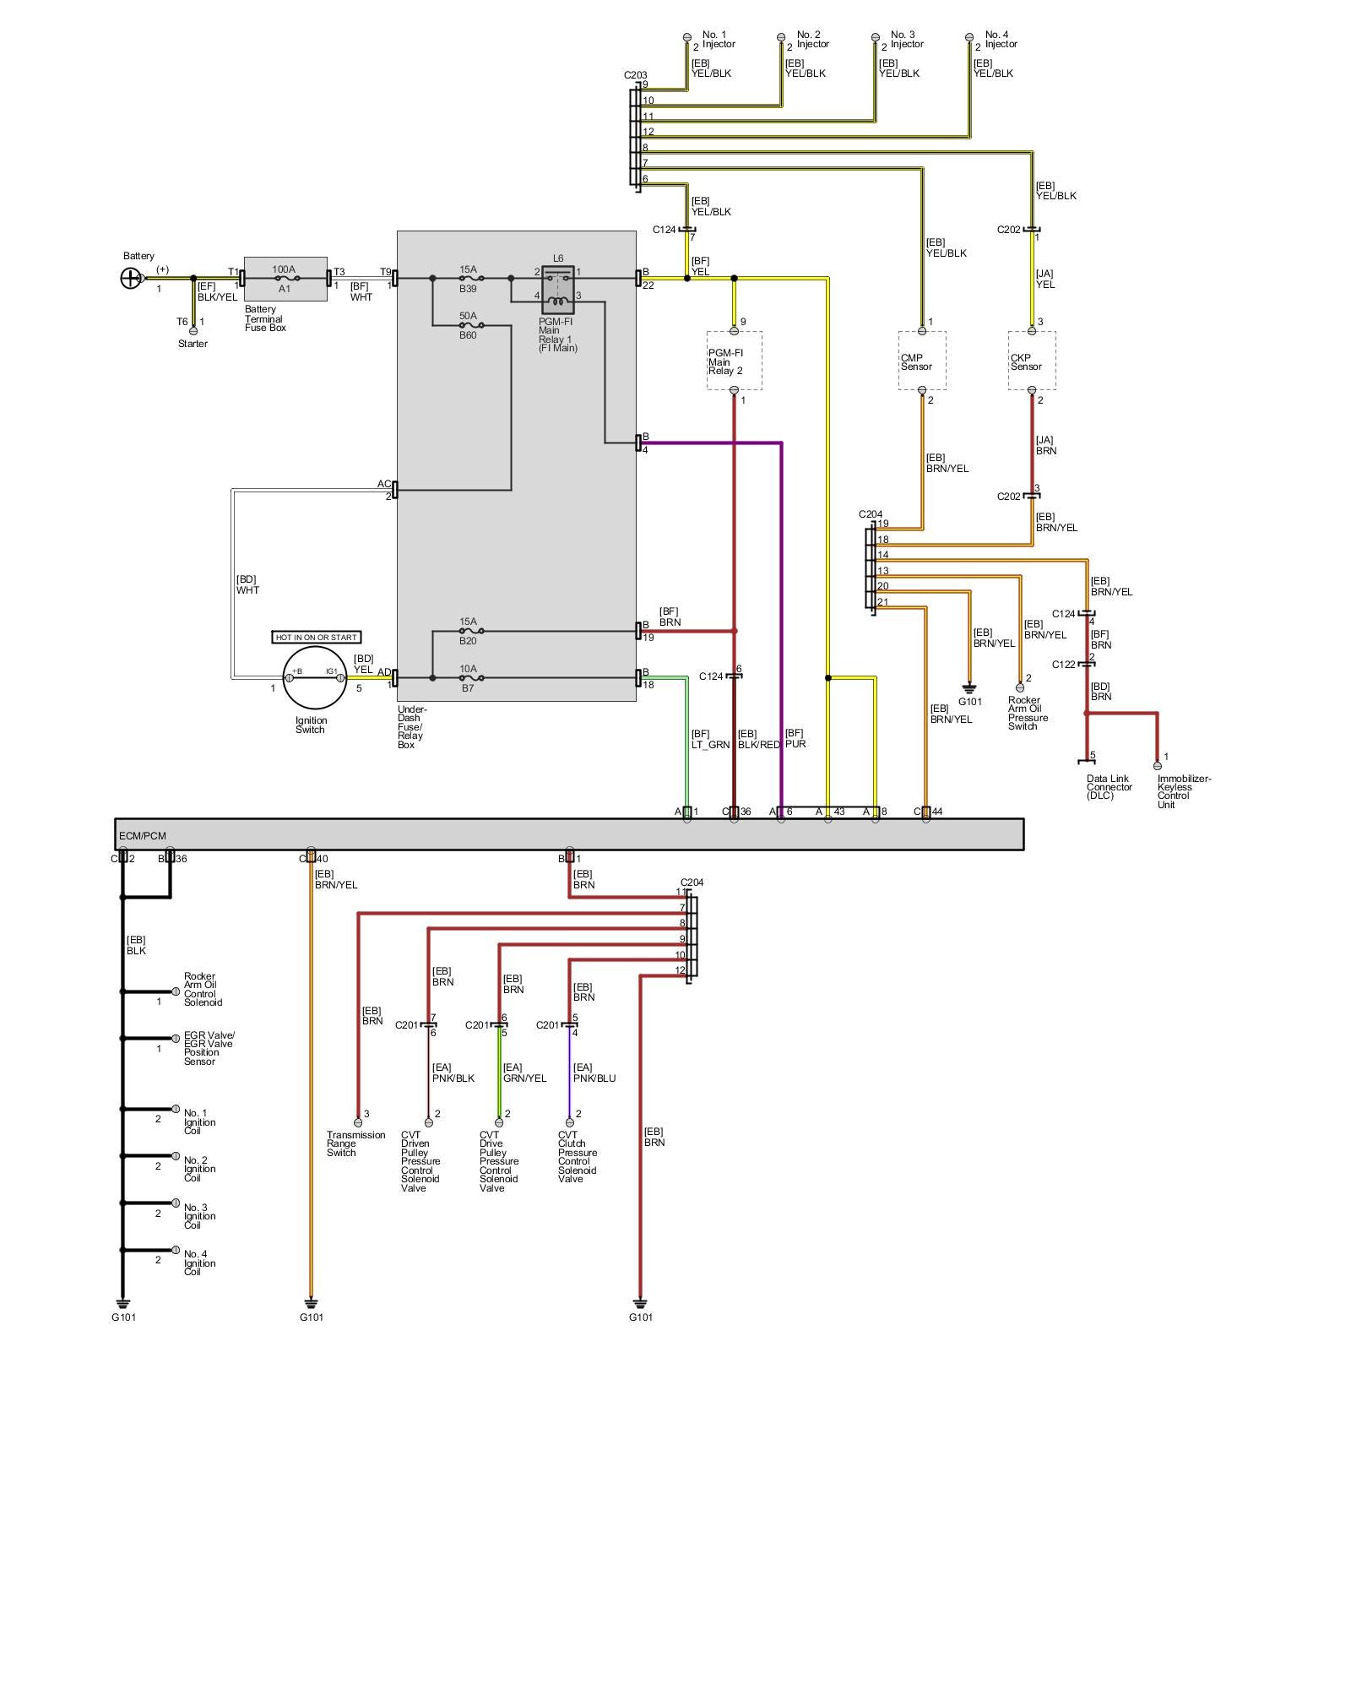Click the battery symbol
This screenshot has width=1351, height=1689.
131,278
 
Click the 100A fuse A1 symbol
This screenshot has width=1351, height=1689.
285,278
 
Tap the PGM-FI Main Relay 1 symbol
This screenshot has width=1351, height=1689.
557,290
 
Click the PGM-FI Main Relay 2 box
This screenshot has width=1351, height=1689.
734,361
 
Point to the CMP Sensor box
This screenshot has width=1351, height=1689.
921,361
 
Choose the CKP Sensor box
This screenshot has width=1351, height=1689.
1031,361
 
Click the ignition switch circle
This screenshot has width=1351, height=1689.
314,677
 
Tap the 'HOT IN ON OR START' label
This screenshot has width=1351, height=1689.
317,637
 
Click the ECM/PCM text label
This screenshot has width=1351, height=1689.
143,836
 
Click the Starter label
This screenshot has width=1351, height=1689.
193,344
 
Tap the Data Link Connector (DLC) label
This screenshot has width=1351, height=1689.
1109,787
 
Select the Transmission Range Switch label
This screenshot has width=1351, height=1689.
355,1143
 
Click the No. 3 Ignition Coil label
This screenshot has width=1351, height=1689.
199,1216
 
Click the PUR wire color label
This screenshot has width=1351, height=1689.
795,744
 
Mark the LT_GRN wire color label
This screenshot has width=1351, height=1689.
710,745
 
